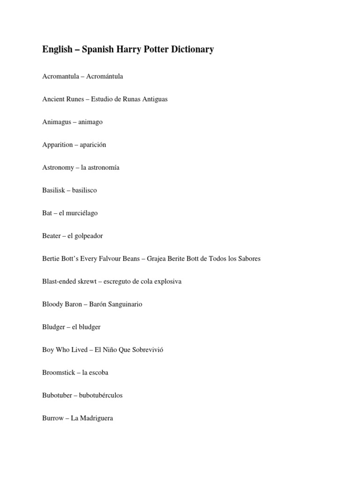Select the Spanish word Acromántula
[x=105, y=76]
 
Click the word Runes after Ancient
[x=74, y=99]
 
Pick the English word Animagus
[x=57, y=122]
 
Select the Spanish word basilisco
[x=84, y=190]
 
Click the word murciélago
[x=82, y=213]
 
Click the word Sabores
[x=249, y=259]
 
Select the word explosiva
[x=167, y=282]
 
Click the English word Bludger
[x=53, y=327]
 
